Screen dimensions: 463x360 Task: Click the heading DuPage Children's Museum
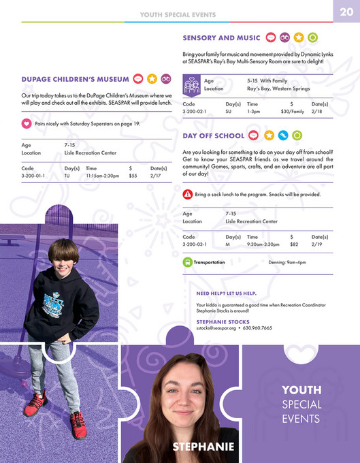coord(76,79)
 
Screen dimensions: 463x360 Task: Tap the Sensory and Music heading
coord(221,37)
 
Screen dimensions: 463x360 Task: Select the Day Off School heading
coord(214,136)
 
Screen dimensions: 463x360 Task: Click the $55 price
coord(133,176)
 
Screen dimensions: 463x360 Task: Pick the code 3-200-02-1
coord(195,111)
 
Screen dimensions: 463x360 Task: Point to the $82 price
coord(294,243)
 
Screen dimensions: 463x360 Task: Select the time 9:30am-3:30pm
coord(263,243)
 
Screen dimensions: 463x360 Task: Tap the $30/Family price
coord(292,111)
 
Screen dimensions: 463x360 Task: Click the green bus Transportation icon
coord(187,262)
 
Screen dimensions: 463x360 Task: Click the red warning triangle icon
coord(187,194)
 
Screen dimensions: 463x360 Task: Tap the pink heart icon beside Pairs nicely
coord(27,124)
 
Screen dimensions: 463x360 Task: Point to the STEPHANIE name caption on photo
coord(203,446)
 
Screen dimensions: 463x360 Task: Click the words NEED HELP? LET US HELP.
coord(227,293)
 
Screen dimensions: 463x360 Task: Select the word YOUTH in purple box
coord(301,390)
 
